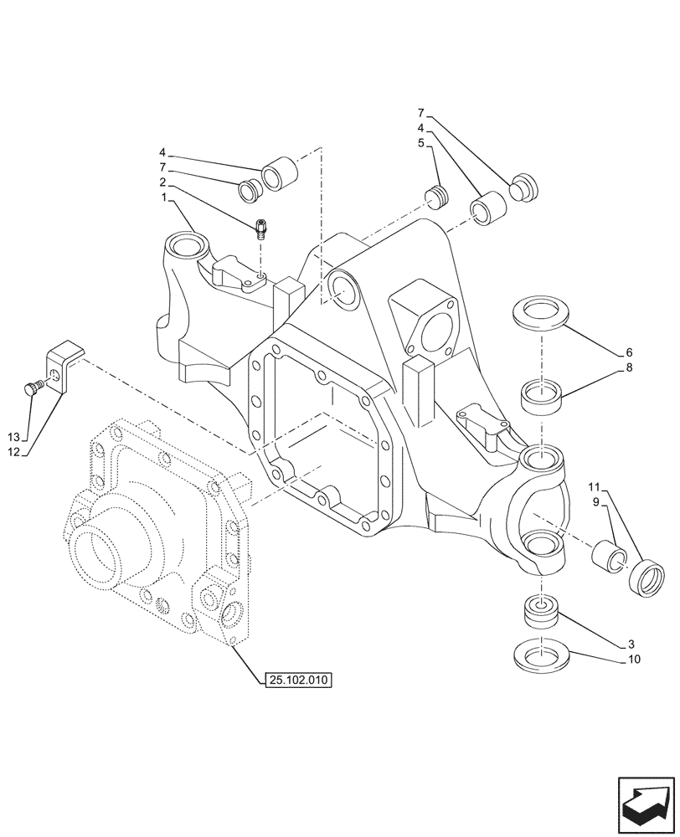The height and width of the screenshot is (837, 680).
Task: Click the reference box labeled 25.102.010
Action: pyautogui.click(x=297, y=680)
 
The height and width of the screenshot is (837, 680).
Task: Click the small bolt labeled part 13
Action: pyautogui.click(x=33, y=387)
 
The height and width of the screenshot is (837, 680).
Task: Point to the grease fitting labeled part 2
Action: pyautogui.click(x=262, y=227)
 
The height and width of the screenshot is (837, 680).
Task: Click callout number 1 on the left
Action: pyautogui.click(x=165, y=197)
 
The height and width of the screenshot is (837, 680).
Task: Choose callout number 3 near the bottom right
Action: pyautogui.click(x=630, y=644)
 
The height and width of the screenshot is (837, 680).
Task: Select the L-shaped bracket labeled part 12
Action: pyautogui.click(x=66, y=366)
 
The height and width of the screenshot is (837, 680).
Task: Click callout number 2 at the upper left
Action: pyautogui.click(x=165, y=182)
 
